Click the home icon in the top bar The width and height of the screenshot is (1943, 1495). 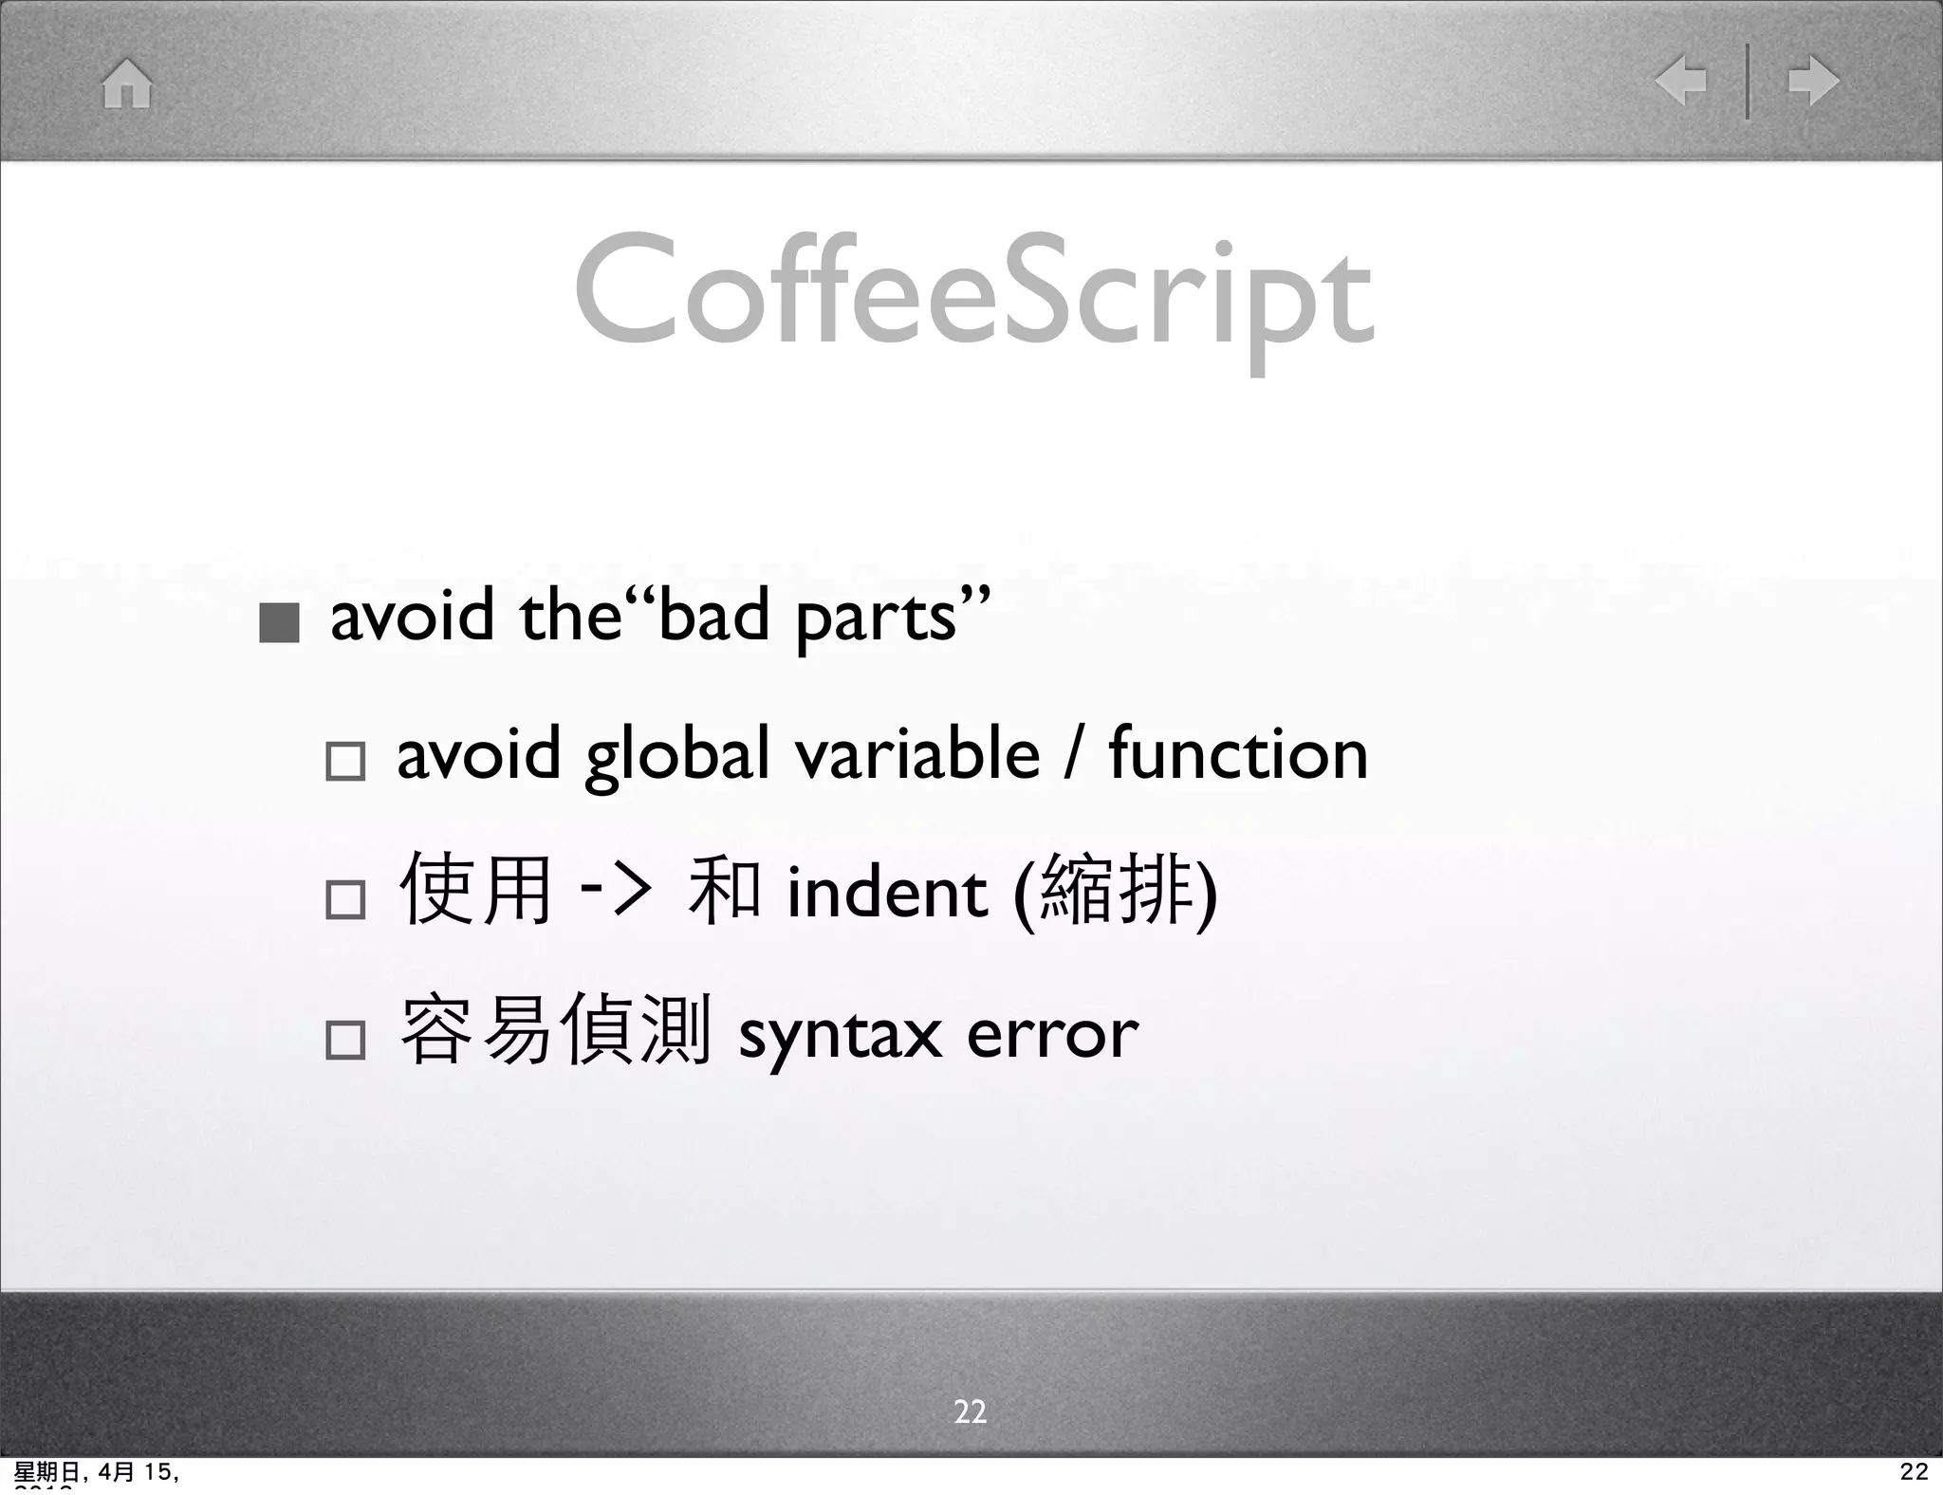[127, 83]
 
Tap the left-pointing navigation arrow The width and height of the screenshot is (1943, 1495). [1680, 81]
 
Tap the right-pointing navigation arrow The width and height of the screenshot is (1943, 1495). [1813, 81]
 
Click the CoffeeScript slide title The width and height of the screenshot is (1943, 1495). [972, 294]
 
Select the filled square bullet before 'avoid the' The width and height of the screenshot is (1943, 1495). [279, 623]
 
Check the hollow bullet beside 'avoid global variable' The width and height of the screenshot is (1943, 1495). [344, 761]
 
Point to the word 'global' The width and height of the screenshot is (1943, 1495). [677, 756]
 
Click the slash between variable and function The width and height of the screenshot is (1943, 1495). [1073, 756]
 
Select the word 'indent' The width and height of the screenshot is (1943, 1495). [887, 894]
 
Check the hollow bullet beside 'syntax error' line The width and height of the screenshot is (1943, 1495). [344, 1040]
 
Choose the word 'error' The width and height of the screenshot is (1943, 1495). [1052, 1034]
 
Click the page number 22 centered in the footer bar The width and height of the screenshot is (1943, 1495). [970, 1412]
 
